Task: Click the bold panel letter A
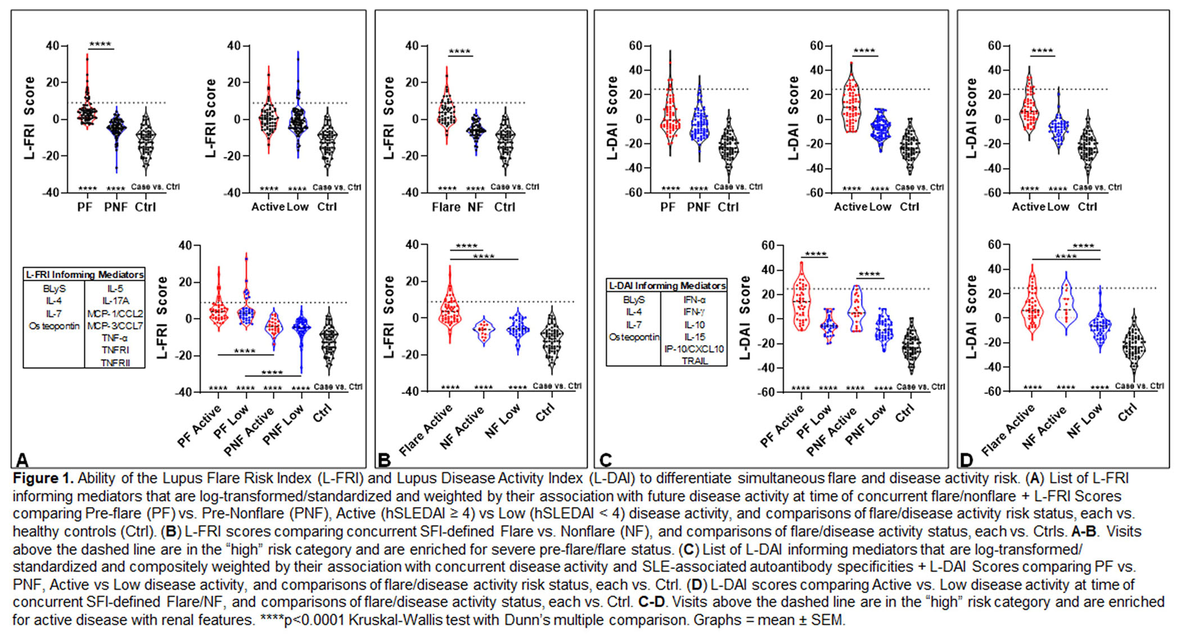pyautogui.click(x=22, y=460)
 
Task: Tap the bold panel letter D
pyautogui.click(x=966, y=460)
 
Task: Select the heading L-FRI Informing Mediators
pyautogui.click(x=84, y=275)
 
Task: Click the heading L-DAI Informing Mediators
pyautogui.click(x=666, y=286)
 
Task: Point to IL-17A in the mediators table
pyautogui.click(x=115, y=301)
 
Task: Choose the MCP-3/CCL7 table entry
pyautogui.click(x=115, y=326)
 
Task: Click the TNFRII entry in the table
pyautogui.click(x=115, y=363)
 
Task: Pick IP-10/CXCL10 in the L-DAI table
pyautogui.click(x=694, y=349)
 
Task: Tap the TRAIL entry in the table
pyautogui.click(x=694, y=361)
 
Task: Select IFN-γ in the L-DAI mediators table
pyautogui.click(x=694, y=312)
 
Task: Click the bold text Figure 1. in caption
pyautogui.click(x=43, y=478)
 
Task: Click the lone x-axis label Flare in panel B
pyautogui.click(x=446, y=207)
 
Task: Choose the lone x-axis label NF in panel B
pyautogui.click(x=475, y=207)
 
